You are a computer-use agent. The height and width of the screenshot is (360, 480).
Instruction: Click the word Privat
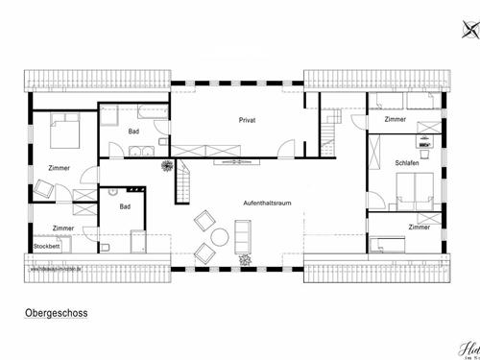click(250, 120)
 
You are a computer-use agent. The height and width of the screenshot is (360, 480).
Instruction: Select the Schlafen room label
click(407, 164)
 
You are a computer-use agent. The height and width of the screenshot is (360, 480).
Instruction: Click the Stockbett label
click(46, 246)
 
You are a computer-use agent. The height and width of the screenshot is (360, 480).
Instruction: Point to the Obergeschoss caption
click(52, 313)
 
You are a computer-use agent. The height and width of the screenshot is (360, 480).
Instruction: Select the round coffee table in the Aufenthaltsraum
click(218, 238)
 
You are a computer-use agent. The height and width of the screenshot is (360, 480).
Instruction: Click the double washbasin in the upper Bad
click(142, 150)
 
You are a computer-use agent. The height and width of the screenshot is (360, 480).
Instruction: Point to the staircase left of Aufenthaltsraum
click(183, 182)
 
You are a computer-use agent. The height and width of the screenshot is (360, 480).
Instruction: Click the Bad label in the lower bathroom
click(125, 206)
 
